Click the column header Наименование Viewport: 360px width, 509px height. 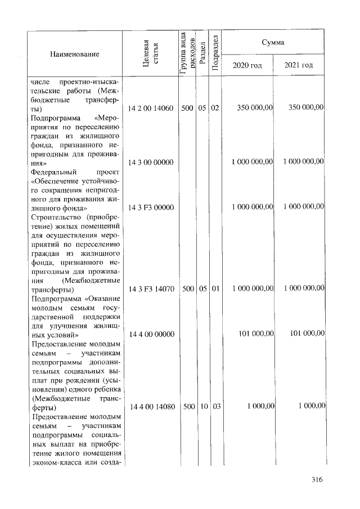click(x=74, y=54)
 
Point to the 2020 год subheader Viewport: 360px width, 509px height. click(x=247, y=66)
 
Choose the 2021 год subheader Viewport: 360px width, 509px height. click(x=298, y=66)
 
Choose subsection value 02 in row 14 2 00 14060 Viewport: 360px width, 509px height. click(x=215, y=107)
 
